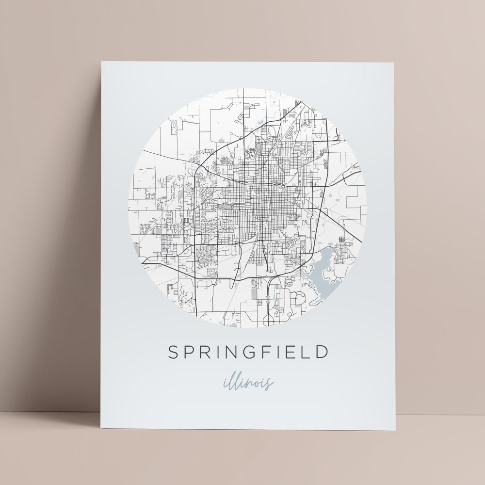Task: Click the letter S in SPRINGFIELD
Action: coord(173,352)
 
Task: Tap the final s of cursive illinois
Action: coord(270,383)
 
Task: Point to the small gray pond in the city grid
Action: coord(226,206)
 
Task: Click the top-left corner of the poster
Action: coord(101,62)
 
